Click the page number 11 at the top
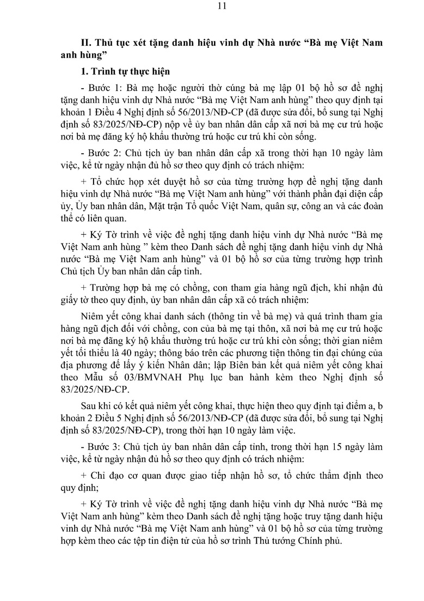tap(212, 7)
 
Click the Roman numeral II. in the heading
tap(84, 43)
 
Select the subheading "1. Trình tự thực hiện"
tap(125, 71)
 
